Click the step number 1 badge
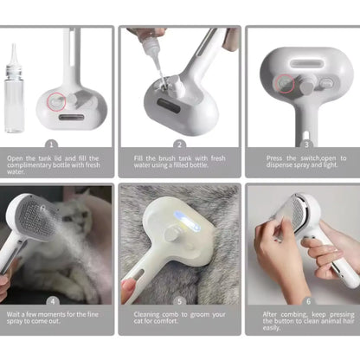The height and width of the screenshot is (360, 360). pos(51,145)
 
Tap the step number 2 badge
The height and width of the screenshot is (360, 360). pos(179,145)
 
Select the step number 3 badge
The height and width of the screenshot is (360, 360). pos(306,145)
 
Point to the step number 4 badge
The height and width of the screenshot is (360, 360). pos(53,301)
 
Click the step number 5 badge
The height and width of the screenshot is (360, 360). pos(179,301)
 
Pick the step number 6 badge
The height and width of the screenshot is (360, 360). pos(308,301)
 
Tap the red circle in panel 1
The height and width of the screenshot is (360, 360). pos(56,101)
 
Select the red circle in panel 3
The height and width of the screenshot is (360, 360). pos(285,83)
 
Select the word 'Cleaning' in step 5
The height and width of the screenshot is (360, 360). pos(146,314)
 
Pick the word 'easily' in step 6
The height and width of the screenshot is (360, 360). pos(271,328)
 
